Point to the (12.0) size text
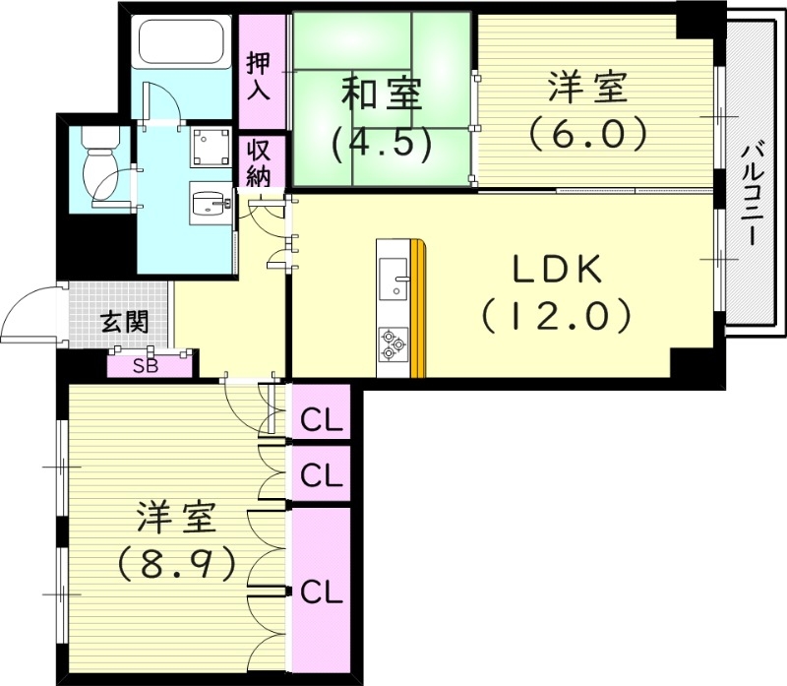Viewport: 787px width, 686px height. [x=554, y=315]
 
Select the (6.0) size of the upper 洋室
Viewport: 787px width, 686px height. [x=587, y=133]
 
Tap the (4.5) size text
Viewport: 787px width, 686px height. [x=382, y=144]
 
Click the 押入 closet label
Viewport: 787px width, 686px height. [x=259, y=75]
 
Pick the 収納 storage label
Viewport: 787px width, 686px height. [x=260, y=163]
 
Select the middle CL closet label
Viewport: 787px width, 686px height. [x=322, y=475]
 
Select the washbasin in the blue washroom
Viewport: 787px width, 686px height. [x=210, y=205]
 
